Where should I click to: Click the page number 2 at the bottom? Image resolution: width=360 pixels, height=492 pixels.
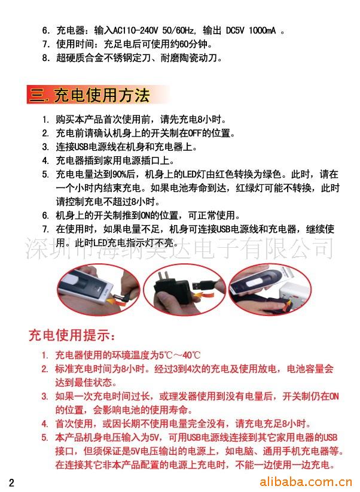tap(11, 482)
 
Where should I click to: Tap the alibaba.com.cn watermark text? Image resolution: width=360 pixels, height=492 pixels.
tap(306, 481)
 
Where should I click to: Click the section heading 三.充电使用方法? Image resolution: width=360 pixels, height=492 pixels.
tap(89, 95)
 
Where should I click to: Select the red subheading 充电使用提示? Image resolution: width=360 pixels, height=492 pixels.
tap(72, 335)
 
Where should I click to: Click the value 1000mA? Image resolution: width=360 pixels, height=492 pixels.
tap(263, 31)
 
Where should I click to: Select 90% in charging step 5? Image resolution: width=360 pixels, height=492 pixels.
tap(119, 174)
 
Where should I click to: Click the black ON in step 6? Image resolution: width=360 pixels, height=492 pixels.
tap(145, 215)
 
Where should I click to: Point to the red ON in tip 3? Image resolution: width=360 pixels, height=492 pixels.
tap(334, 396)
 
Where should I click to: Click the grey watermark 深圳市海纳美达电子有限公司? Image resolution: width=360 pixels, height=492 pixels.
tap(179, 248)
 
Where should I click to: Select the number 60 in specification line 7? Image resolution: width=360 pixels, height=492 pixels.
tap(184, 44)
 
